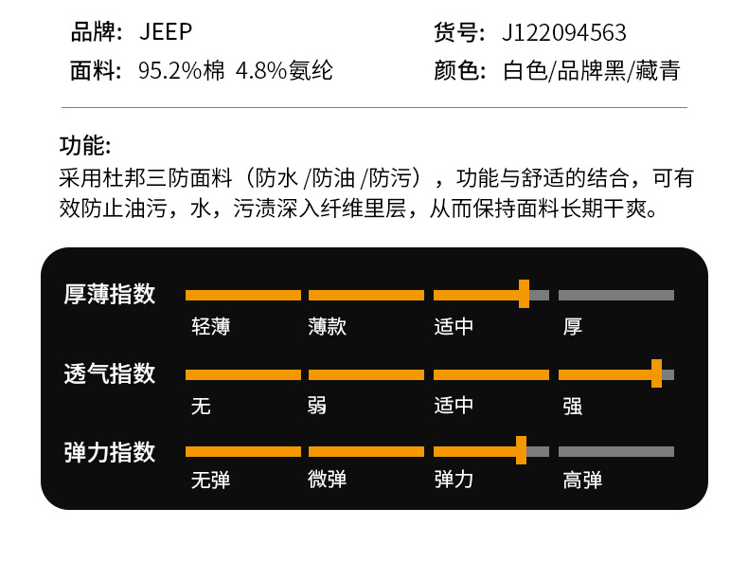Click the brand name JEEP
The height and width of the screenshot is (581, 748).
166,32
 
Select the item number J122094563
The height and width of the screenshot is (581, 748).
564,33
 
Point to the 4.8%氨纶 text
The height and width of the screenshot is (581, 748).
284,71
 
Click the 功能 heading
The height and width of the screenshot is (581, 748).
85,146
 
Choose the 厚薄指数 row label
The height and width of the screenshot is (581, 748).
110,294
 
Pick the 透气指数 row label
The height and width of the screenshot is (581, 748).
110,373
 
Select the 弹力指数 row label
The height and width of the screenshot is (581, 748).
110,451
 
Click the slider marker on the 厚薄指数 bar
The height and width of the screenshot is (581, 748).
524,294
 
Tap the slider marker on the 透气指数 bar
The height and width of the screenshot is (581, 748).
656,373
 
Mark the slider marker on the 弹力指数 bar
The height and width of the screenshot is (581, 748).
521,451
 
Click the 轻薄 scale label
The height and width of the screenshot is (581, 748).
210,327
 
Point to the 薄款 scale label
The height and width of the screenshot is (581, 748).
327,327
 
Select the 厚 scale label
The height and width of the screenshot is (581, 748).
573,327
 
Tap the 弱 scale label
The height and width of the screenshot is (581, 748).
317,406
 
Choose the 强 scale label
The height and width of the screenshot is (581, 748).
573,406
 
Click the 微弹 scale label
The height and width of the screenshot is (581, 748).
327,480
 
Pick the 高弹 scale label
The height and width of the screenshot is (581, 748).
582,480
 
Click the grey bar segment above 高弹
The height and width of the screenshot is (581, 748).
615,451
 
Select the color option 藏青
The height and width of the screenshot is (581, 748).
657,71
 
